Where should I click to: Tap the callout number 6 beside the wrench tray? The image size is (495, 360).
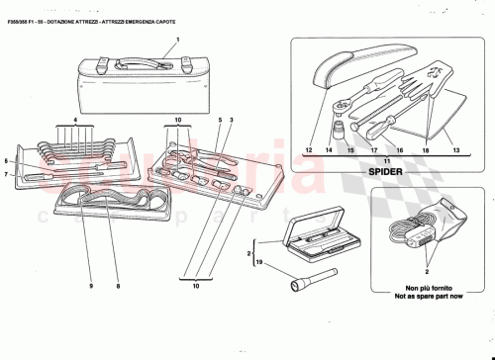point(7,161)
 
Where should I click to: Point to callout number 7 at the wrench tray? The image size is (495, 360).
point(7,175)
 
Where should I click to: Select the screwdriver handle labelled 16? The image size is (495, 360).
point(379,127)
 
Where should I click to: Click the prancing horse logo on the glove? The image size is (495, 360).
point(432,72)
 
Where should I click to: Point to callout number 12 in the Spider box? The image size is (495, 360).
point(309,150)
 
